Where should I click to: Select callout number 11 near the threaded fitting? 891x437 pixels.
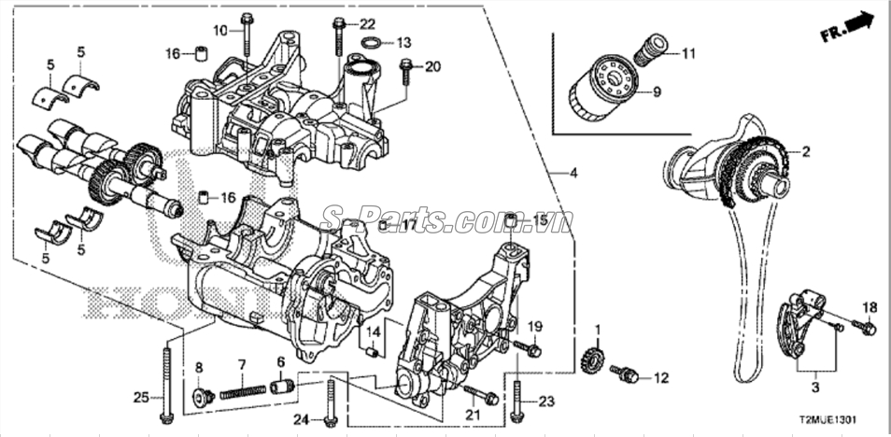688,54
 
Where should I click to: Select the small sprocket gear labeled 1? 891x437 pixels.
591,359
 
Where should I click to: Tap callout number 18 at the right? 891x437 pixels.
869,308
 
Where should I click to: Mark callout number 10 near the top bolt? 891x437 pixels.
219,31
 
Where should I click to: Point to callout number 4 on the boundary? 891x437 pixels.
574,173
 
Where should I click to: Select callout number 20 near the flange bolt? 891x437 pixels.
431,67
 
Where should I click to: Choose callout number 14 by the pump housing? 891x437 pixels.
373,332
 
